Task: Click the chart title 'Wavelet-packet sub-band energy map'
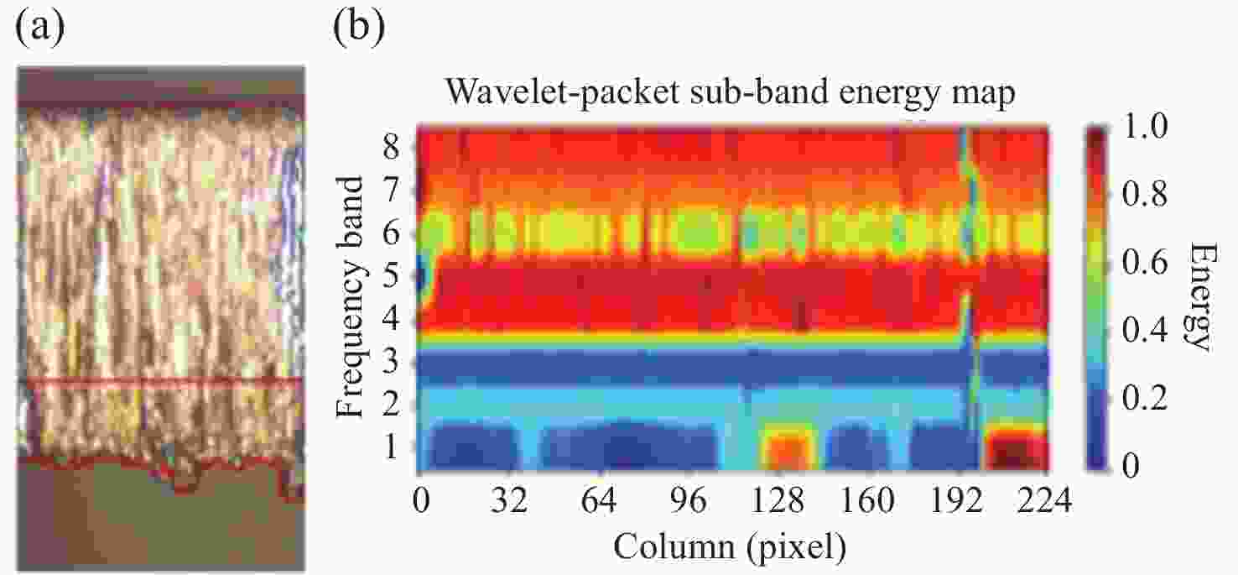tap(731, 93)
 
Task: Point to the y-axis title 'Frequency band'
tap(353, 296)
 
